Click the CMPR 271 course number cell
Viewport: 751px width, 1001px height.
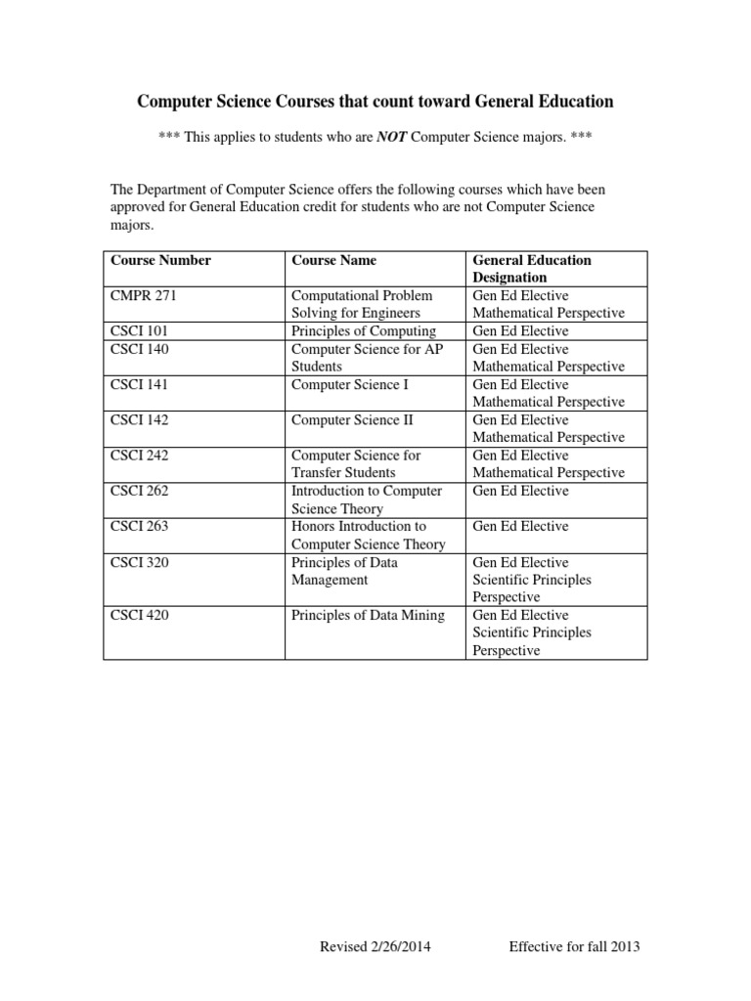pyautogui.click(x=144, y=295)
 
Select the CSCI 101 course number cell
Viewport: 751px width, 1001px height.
pyautogui.click(x=140, y=331)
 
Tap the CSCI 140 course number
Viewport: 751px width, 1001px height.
pyautogui.click(x=140, y=349)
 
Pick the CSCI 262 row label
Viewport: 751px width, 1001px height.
pyautogui.click(x=140, y=491)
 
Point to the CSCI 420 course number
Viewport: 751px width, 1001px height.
pyautogui.click(x=140, y=615)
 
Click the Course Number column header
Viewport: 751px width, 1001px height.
pyautogui.click(x=161, y=260)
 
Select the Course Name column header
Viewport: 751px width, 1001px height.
pyautogui.click(x=333, y=260)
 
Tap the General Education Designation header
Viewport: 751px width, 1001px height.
pyautogui.click(x=532, y=269)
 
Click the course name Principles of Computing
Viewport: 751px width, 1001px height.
pyautogui.click(x=364, y=331)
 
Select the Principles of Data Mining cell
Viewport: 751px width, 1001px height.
pyautogui.click(x=368, y=615)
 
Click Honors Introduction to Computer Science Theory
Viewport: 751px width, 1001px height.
pyautogui.click(x=368, y=535)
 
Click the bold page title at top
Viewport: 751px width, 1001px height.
pyautogui.click(x=375, y=101)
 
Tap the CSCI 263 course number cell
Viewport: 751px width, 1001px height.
pyautogui.click(x=140, y=526)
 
